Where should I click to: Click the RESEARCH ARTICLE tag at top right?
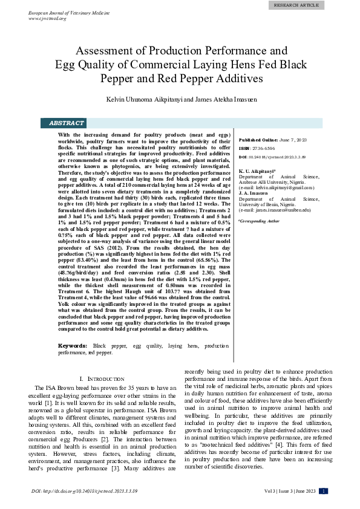[x=296, y=5]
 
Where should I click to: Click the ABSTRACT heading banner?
[x=67, y=123]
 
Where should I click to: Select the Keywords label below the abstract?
[x=73, y=346]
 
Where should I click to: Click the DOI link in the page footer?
[x=85, y=491]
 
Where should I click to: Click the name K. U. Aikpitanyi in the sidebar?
[x=260, y=171]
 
